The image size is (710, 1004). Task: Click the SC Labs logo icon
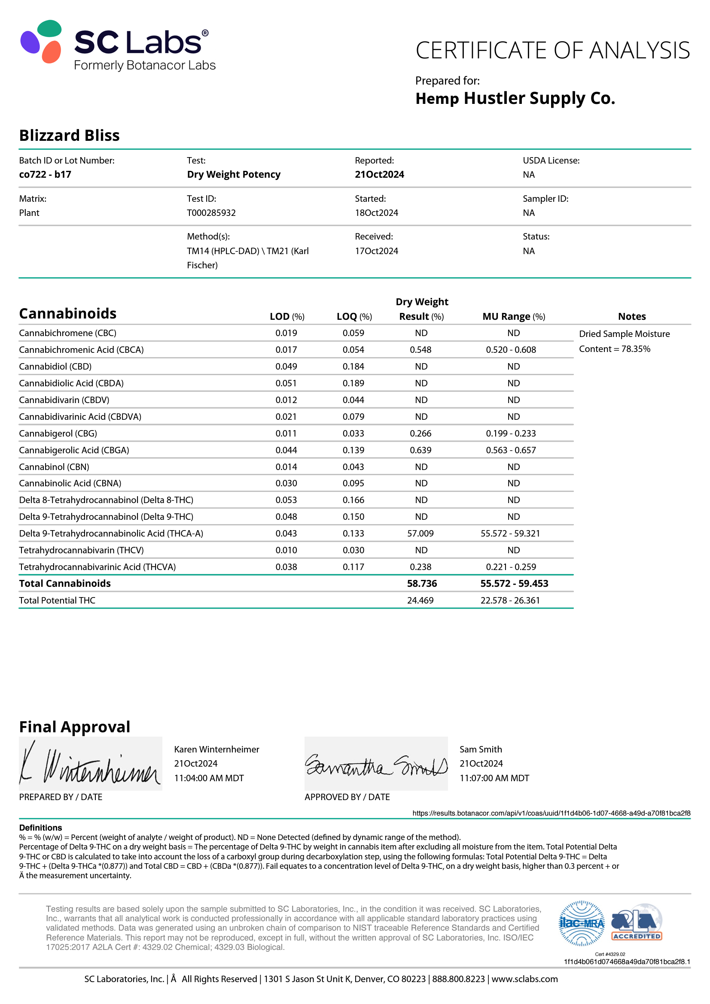41,41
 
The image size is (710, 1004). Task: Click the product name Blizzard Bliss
69,136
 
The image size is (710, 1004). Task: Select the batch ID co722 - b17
45,174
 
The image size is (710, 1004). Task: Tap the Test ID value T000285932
211,213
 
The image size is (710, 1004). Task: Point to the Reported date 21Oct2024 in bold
379,174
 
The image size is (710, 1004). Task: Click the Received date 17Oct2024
376,251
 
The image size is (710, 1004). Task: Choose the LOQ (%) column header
354,317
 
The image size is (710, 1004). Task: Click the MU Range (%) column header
514,317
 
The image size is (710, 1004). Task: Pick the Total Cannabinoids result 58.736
422,583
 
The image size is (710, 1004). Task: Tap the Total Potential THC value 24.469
420,601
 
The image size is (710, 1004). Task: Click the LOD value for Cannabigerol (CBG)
286,434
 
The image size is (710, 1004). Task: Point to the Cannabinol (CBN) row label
54,467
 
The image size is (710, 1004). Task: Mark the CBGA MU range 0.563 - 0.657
511,450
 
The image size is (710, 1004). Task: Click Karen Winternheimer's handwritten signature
90,764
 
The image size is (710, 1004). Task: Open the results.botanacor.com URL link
551,813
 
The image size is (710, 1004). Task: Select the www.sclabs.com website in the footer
524,979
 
